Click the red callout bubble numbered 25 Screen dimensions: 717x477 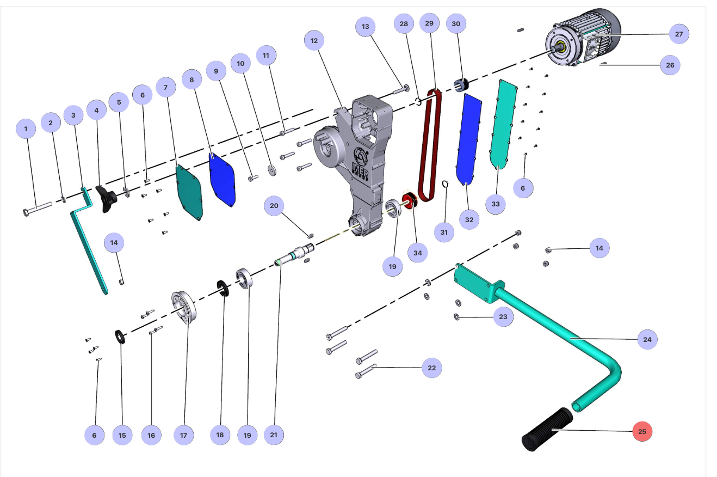point(642,431)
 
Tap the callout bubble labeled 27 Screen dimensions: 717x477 point(679,34)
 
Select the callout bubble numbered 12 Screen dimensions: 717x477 point(314,41)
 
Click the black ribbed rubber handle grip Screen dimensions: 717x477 point(547,429)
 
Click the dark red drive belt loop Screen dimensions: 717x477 point(430,146)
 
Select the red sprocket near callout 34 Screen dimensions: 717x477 point(410,200)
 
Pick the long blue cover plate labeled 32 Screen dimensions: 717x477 point(468,139)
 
